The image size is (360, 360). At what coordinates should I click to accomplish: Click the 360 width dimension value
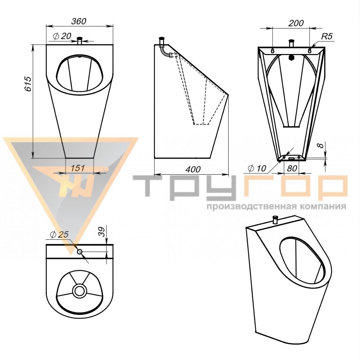(79, 21)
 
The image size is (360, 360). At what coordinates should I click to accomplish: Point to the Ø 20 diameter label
(62, 36)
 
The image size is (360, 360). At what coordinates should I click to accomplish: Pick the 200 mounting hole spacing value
(296, 23)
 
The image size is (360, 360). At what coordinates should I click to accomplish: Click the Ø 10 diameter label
(257, 168)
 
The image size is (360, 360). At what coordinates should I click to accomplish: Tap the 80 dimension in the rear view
(292, 168)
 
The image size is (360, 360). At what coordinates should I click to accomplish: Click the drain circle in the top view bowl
(80, 291)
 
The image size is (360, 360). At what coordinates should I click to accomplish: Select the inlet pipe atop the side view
(162, 42)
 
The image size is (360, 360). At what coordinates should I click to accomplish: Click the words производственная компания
(276, 207)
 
